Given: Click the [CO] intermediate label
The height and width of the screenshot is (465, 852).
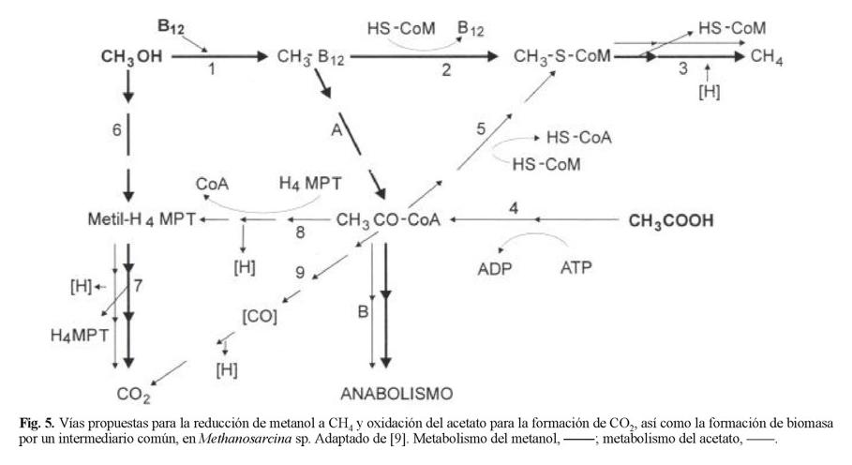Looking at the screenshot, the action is (x=260, y=317).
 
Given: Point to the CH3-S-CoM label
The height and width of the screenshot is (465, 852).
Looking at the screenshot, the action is (x=562, y=57).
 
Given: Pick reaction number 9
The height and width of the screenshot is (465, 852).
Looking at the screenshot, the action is (x=299, y=274).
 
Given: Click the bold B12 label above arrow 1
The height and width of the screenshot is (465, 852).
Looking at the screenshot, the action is (x=171, y=25).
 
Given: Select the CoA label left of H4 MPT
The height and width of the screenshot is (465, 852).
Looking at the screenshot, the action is (x=209, y=185).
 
